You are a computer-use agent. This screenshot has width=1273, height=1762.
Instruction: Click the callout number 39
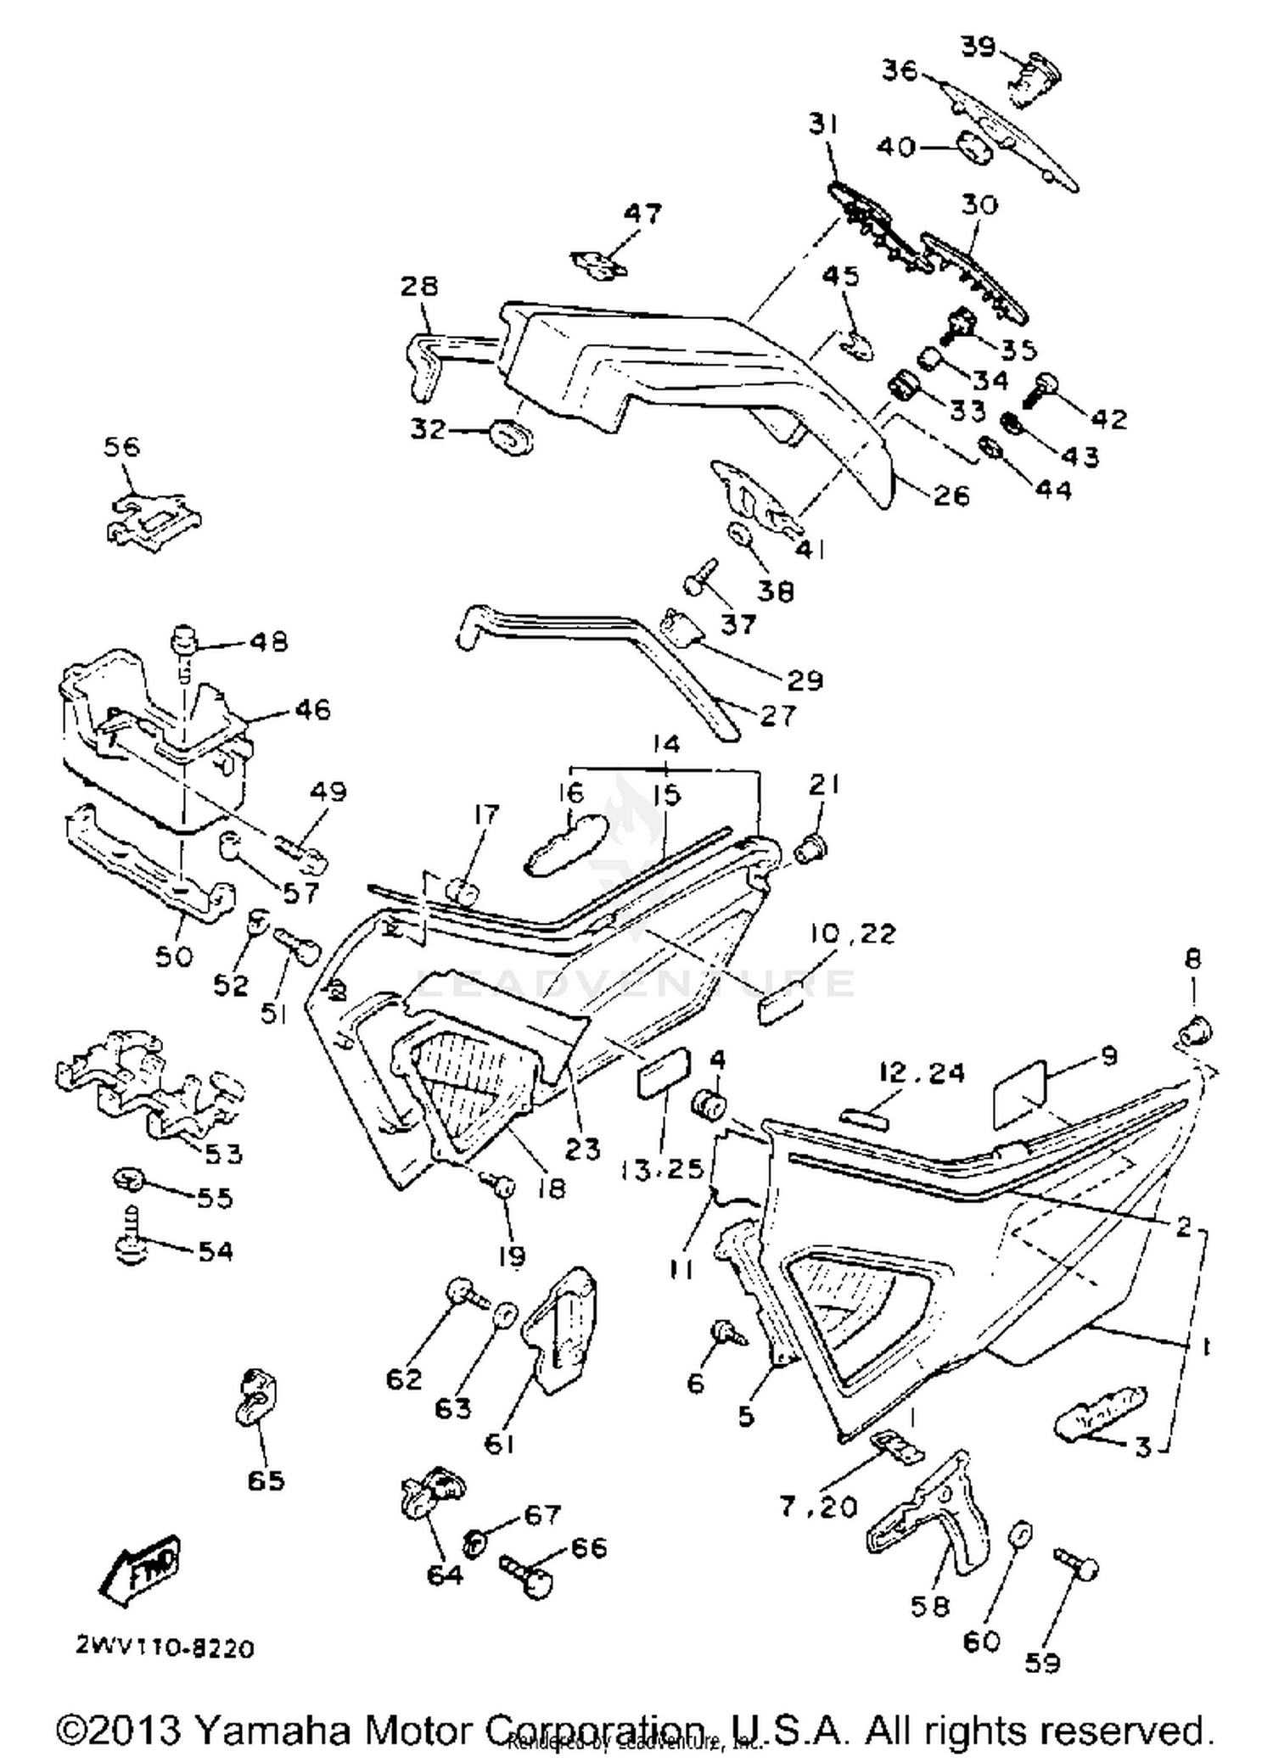click(x=978, y=47)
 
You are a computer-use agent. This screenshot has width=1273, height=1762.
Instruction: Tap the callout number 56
click(x=121, y=447)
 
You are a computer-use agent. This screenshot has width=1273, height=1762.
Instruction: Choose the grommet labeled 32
click(x=511, y=435)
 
